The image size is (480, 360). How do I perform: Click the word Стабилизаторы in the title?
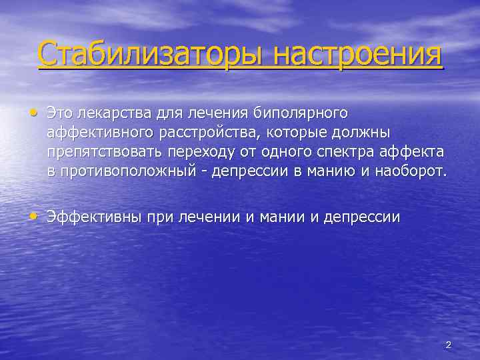145,54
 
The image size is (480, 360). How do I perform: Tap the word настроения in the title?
351,54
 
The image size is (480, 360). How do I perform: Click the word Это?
60,113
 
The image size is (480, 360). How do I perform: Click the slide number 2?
448,345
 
